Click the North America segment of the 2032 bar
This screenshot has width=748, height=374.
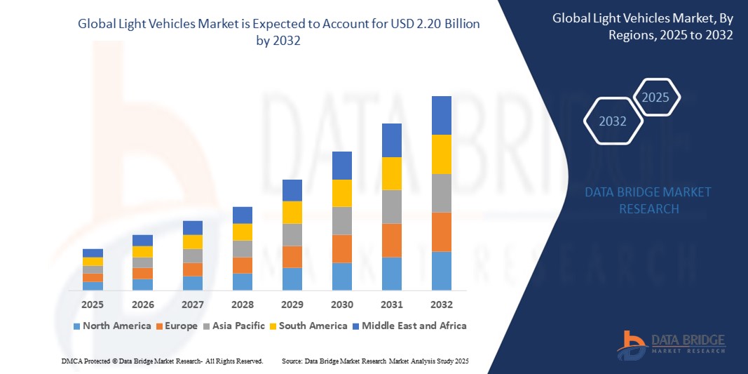coord(442,271)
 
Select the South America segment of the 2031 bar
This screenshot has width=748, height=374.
coord(391,173)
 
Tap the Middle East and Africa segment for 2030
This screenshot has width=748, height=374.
coord(341,166)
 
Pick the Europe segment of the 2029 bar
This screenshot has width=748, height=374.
coord(292,257)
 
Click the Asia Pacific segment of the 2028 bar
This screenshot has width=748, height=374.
coord(242,249)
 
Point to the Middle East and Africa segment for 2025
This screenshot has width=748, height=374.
coord(93,253)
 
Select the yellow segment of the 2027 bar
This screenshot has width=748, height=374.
coord(192,242)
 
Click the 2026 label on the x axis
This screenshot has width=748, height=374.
coord(142,305)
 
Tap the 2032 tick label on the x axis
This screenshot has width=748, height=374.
coord(442,305)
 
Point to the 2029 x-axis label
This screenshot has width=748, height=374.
coord(292,305)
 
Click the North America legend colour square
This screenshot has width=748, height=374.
coord(76,326)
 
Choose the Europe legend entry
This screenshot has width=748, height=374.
coord(177,326)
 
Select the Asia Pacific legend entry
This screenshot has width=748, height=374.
coord(235,326)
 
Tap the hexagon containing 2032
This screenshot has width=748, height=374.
coord(613,121)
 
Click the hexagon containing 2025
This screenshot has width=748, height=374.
coord(655,98)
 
